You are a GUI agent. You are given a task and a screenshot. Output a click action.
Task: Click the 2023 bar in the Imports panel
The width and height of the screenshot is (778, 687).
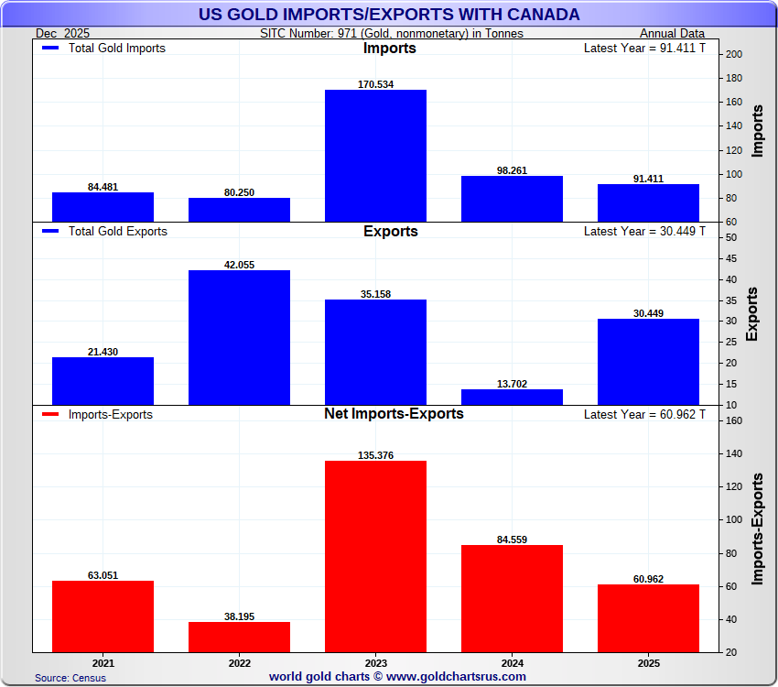[375, 156]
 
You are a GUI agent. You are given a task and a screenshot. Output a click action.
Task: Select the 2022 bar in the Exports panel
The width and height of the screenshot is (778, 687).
[239, 337]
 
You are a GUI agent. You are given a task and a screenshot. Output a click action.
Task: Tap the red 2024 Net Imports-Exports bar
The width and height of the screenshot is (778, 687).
[512, 598]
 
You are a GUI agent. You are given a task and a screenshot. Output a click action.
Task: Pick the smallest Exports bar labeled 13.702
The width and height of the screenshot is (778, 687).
[512, 397]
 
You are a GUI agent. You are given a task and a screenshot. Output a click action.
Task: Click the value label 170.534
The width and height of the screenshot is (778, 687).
[375, 84]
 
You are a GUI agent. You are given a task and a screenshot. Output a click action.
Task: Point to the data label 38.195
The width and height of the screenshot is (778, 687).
[239, 616]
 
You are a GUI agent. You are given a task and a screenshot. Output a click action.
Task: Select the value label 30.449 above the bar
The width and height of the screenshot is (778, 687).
[648, 313]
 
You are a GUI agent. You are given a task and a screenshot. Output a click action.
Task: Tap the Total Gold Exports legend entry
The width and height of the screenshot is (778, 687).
[104, 232]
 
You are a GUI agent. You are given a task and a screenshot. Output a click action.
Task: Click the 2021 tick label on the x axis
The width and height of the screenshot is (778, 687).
[103, 662]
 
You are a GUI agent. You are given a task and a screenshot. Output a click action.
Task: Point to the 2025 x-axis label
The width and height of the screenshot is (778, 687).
[648, 662]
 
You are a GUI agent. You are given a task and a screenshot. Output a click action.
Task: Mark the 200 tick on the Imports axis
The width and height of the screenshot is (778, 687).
[733, 54]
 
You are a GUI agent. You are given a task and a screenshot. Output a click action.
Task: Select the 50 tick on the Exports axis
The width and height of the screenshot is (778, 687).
[730, 237]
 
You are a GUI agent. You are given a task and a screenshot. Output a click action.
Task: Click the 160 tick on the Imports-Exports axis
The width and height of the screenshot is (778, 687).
[733, 420]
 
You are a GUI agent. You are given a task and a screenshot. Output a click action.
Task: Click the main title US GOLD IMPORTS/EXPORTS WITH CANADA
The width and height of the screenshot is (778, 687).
[389, 15]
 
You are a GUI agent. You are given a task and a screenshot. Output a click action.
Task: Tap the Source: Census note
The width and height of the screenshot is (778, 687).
[70, 678]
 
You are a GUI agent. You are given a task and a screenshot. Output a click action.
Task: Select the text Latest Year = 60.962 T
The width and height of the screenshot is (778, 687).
[644, 414]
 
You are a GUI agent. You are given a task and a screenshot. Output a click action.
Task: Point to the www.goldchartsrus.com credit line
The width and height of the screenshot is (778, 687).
[397, 677]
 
